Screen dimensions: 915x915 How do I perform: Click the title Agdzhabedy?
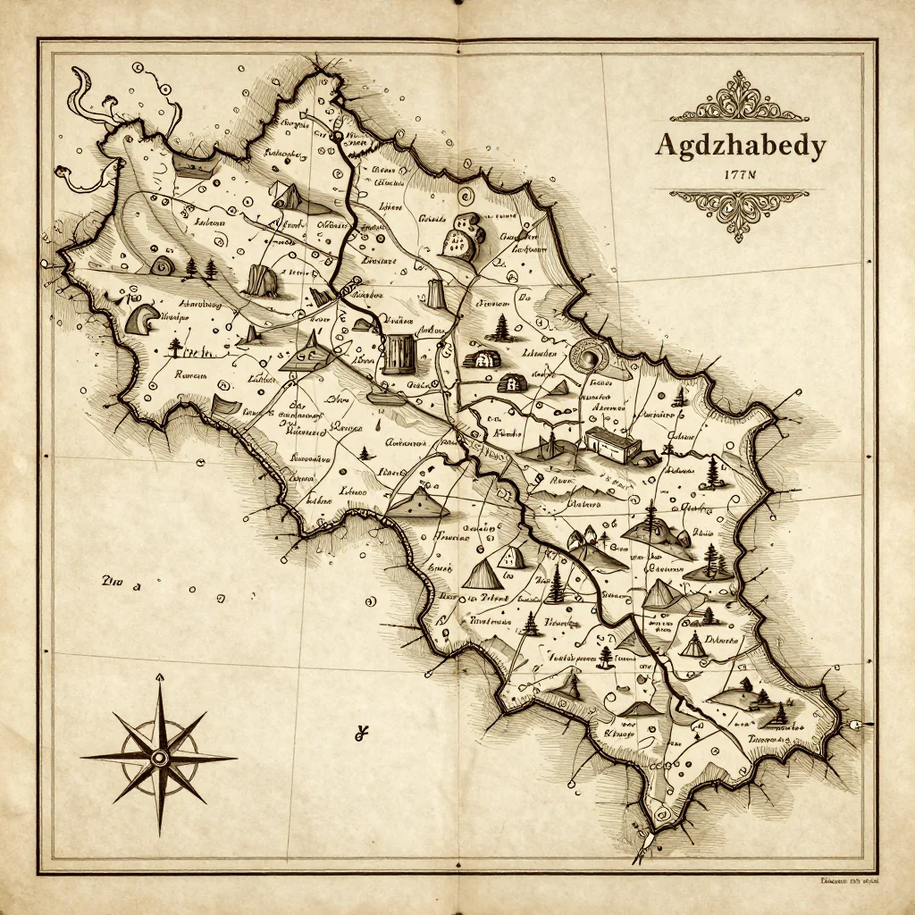[740, 146]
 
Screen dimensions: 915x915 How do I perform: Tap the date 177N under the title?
[739, 175]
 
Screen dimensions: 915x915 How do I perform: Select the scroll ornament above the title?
[740, 100]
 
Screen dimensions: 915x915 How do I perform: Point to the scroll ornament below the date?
[739, 211]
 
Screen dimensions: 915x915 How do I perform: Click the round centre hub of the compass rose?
[159, 758]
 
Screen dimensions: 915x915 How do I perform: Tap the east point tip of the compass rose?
[236, 758]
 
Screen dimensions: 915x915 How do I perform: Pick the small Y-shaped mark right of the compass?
[362, 735]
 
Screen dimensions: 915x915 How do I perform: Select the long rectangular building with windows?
[612, 443]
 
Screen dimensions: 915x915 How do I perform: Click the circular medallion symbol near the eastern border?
[590, 357]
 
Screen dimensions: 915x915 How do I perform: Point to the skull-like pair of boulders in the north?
[463, 237]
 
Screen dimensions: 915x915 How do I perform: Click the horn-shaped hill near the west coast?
[141, 317]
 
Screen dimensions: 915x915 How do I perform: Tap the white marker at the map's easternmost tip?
[859, 725]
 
